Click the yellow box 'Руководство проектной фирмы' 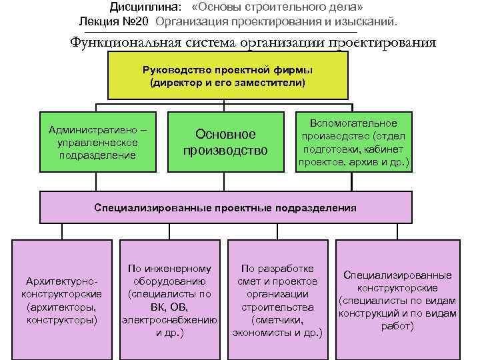[227, 76]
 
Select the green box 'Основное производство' [225, 141]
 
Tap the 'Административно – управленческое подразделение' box [97, 141]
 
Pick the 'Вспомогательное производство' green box [353, 141]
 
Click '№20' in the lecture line [134, 21]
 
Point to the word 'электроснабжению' [169, 319]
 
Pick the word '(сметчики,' [277, 319]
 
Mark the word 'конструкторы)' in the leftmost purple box [62, 320]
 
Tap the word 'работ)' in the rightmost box [397, 326]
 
